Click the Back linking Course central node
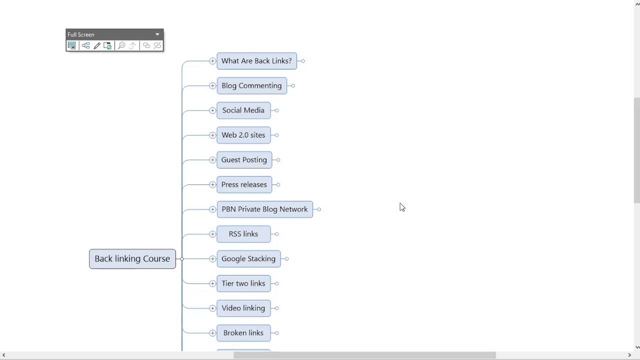132,259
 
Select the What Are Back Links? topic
256,61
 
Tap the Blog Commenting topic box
251,85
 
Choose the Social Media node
243,110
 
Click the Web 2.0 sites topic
243,135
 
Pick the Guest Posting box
244,159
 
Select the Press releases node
244,184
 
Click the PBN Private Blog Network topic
265,209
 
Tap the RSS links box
243,234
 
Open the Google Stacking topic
248,259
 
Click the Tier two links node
243,283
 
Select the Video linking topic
243,308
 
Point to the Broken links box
243,333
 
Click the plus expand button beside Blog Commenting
212,85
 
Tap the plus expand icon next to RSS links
212,234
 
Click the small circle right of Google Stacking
286,259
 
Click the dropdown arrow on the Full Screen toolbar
157,34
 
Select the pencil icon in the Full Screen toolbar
97,45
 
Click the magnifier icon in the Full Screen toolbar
121,45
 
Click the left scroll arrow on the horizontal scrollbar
3,355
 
